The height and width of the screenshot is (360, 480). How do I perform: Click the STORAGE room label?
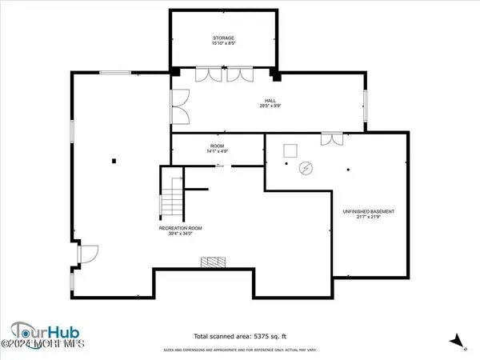223,38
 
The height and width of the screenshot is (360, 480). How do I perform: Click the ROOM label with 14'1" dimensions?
194,145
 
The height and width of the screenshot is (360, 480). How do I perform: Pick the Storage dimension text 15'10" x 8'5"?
223,45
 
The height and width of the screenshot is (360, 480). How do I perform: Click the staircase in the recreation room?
172,198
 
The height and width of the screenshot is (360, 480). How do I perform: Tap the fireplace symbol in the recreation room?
212,261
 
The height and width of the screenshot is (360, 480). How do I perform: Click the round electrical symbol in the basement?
305,168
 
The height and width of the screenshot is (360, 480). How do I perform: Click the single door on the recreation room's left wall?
86,255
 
